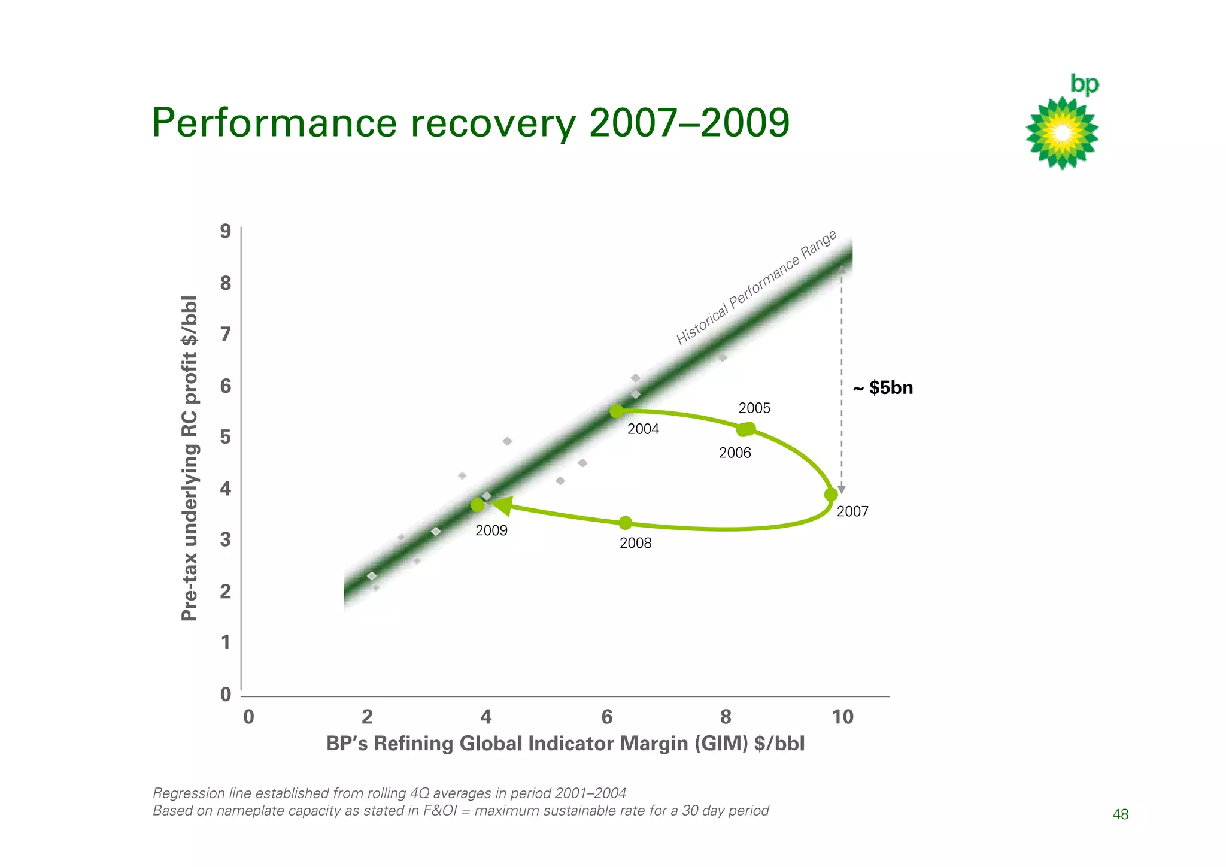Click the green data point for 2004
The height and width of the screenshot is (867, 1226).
pos(617,411)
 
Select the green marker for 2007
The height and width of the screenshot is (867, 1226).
pos(831,495)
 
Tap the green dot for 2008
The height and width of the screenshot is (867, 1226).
pos(625,523)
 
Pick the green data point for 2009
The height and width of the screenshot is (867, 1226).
pos(477,505)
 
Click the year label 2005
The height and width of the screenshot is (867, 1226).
pos(754,408)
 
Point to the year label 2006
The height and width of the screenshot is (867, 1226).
pos(735,453)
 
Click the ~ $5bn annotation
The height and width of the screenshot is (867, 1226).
pos(883,388)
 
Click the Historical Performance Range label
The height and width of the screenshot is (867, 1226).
pos(756,288)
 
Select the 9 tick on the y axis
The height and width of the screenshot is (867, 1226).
pos(226,231)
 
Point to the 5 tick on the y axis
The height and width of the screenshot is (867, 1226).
pos(226,437)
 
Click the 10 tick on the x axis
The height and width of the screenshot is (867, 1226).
pos(842,717)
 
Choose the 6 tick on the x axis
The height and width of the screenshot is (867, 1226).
pos(606,717)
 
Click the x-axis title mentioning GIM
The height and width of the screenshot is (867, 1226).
pos(565,744)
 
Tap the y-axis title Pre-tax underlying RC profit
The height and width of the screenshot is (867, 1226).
pos(189,458)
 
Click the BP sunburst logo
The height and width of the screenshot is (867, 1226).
pos(1062,133)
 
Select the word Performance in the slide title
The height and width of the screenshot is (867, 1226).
pos(274,123)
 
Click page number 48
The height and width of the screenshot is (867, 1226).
pos(1120,814)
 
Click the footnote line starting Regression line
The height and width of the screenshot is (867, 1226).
pos(389,793)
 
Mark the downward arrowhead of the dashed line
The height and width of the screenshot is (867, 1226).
pos(842,490)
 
